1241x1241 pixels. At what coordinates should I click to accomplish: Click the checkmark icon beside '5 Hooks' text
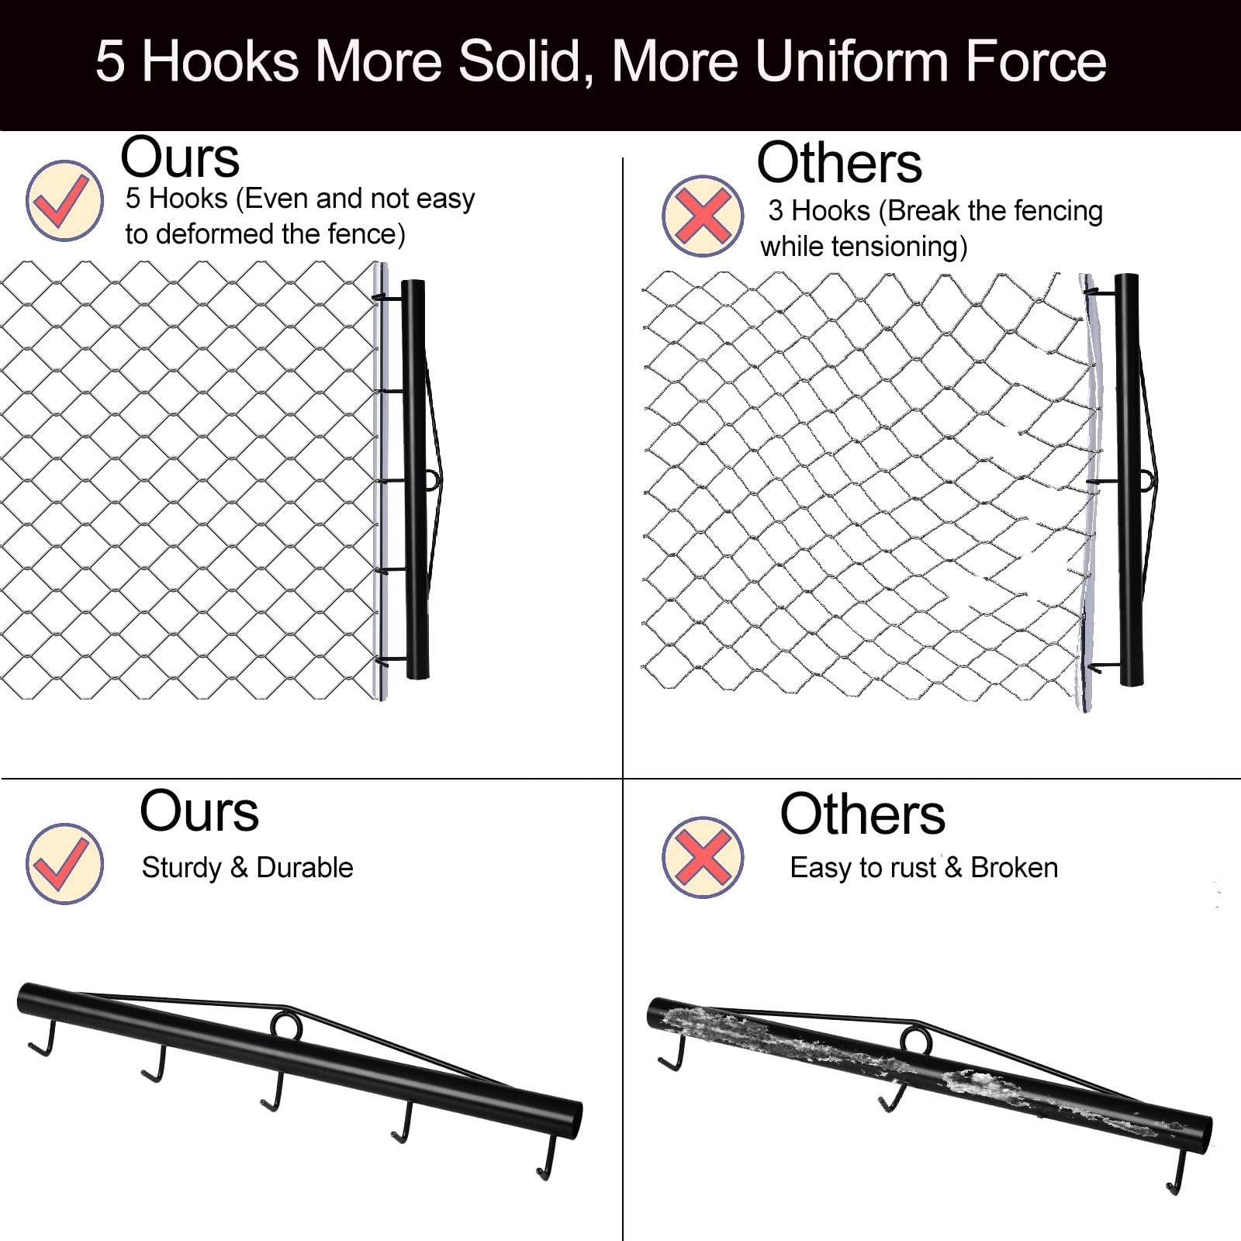click(64, 200)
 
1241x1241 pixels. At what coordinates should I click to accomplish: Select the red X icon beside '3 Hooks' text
click(702, 216)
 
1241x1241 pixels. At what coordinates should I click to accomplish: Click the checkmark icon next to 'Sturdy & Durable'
click(64, 863)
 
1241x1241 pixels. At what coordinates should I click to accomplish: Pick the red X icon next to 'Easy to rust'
click(702, 857)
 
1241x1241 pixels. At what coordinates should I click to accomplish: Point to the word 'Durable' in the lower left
click(305, 867)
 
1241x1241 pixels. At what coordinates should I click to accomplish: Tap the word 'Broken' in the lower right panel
click(1015, 867)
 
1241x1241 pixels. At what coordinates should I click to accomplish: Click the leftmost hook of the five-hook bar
click(43, 1039)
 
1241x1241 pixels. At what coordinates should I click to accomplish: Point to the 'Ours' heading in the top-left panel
click(180, 158)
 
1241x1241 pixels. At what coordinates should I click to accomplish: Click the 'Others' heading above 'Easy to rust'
click(862, 814)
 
